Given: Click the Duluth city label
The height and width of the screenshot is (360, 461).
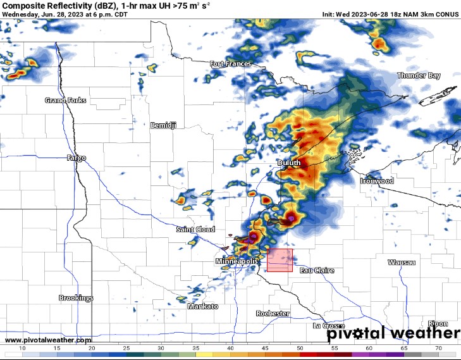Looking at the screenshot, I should [x=289, y=163].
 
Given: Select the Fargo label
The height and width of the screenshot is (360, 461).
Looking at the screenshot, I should [x=76, y=158].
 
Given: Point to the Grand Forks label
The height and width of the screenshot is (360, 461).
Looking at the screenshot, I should [x=65, y=101].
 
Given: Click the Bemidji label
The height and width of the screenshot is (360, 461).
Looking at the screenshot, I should [x=163, y=125].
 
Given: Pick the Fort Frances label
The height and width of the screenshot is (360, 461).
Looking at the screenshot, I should [x=230, y=64].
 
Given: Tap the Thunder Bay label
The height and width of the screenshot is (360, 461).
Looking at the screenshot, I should [x=418, y=76].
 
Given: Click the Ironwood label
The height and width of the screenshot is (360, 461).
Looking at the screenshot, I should [x=376, y=181].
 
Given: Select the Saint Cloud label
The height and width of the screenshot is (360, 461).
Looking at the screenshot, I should [x=195, y=230].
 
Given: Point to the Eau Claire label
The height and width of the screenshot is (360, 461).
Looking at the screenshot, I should [x=317, y=270].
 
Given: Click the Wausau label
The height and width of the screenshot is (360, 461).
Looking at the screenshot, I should [x=402, y=262].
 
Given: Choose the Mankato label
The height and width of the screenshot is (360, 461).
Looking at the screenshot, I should [x=202, y=306].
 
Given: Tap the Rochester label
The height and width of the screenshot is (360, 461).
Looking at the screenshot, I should [x=273, y=314].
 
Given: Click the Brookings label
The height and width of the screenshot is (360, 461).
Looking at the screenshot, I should [x=76, y=298].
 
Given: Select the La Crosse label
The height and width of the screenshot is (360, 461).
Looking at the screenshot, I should [x=329, y=326].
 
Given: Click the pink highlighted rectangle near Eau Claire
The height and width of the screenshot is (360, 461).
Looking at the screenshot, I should [x=280, y=260].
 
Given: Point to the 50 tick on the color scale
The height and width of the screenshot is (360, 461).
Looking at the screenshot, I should [x=300, y=349].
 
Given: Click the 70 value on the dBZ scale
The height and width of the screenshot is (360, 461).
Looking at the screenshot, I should [x=438, y=349].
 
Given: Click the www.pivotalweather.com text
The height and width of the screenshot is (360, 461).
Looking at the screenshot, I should [x=47, y=340].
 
